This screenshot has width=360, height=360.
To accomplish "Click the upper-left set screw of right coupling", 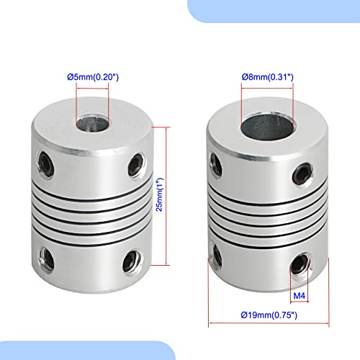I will pos(213,159).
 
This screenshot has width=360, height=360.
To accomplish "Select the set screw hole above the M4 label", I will pos(299,267).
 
